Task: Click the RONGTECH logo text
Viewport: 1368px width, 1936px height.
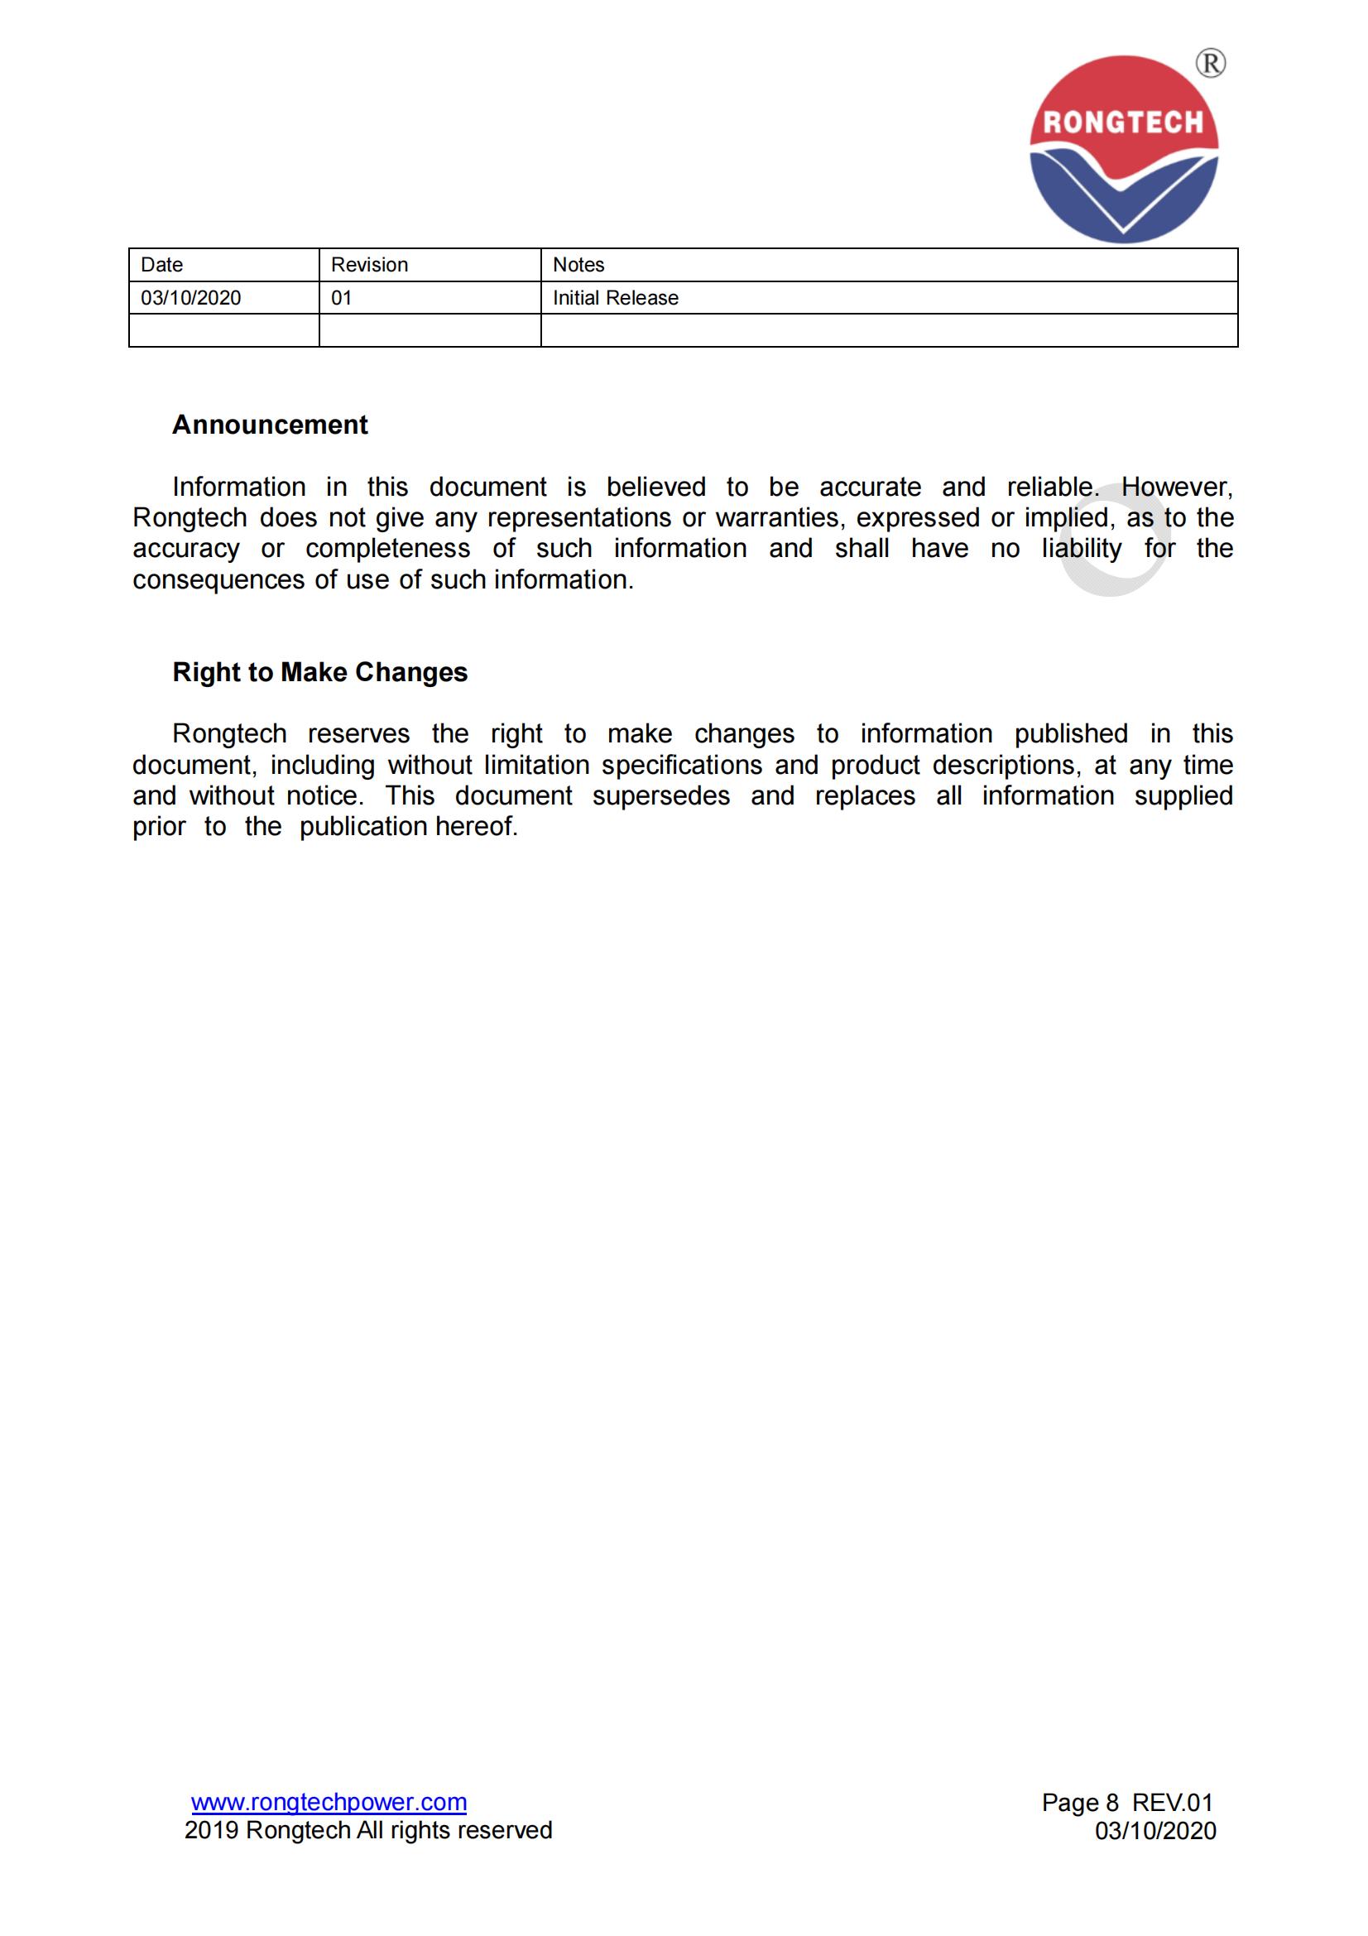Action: pos(1123,123)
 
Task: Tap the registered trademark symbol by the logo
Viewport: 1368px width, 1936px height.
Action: pos(1211,63)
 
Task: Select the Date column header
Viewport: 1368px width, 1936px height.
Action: pos(162,265)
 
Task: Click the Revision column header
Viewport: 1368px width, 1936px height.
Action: pos(369,265)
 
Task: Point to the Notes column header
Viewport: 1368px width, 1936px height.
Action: pos(578,265)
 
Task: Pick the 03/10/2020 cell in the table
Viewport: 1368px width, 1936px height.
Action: pos(190,298)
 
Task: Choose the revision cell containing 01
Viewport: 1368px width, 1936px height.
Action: pos(341,298)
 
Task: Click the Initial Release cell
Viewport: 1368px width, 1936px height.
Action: pos(615,298)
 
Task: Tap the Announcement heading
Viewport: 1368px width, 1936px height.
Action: pos(270,424)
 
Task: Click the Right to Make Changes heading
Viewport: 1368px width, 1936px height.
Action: pos(319,672)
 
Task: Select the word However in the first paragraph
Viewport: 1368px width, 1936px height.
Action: pos(1177,488)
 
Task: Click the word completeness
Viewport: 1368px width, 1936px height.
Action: pos(388,549)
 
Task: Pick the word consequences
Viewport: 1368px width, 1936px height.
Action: pos(218,580)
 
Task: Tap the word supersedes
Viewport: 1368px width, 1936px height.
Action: pos(660,796)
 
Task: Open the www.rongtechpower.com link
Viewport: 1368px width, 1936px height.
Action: pos(329,1802)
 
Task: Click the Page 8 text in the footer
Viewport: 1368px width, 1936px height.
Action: pos(1080,1803)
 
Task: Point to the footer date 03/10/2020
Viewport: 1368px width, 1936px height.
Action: pos(1154,1831)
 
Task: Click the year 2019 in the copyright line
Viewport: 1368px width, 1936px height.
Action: pos(212,1831)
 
